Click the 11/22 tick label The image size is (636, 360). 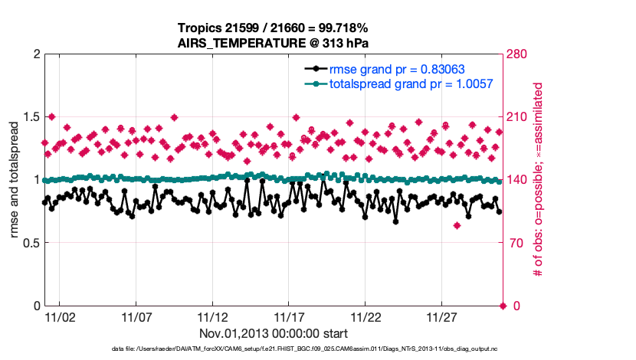point(366,317)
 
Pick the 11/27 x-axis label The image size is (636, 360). point(442,317)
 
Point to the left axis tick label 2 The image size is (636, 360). point(35,54)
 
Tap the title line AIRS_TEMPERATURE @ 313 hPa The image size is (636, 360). point(275,44)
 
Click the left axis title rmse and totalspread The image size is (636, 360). point(15,179)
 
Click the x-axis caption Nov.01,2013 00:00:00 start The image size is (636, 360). point(274,334)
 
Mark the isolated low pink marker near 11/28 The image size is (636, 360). point(457,225)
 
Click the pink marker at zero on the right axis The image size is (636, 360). point(503,306)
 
